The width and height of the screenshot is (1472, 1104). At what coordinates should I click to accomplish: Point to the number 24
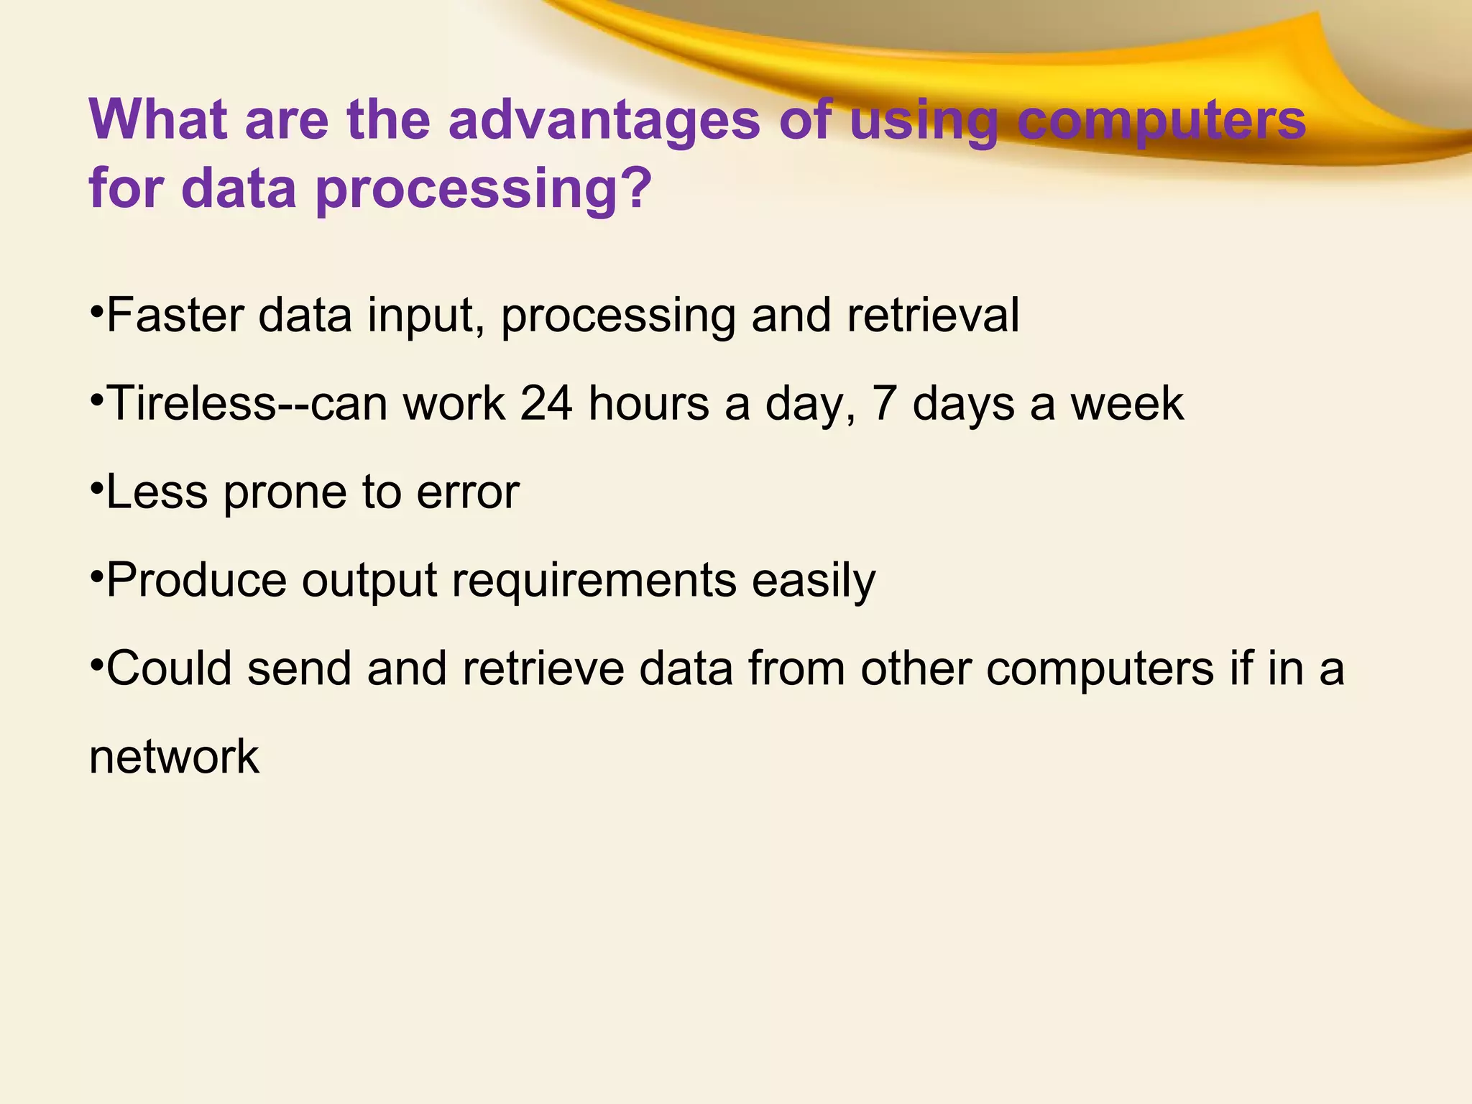(546, 403)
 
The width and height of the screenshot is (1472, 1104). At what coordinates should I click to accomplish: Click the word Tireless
(191, 403)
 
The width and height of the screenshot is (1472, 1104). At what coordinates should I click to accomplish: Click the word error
(468, 492)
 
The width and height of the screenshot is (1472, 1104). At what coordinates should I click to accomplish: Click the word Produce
(196, 580)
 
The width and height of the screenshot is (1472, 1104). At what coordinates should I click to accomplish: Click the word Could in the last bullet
(169, 668)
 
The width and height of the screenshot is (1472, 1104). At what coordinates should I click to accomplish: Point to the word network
(174, 757)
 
